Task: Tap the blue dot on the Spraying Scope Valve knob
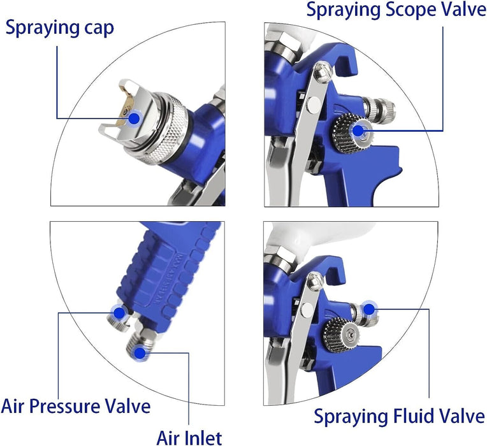[x=358, y=129]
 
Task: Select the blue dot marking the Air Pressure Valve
[x=118, y=313]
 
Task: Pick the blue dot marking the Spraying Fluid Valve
[x=368, y=310]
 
